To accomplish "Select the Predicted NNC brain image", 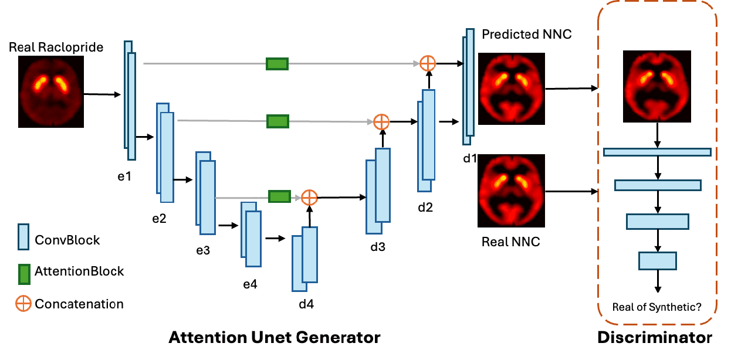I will [x=512, y=89].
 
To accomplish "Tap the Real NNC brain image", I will [x=512, y=191].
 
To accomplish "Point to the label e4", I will [x=251, y=284].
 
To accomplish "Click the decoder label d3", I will [x=378, y=246].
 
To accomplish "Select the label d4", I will [x=306, y=304].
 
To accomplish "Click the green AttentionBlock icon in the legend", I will [x=24, y=272].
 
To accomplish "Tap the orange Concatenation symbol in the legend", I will [x=24, y=304].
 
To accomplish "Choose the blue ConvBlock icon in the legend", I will [x=24, y=239].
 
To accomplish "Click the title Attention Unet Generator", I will [x=275, y=338].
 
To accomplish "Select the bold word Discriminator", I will [x=655, y=338].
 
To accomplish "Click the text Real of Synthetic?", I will [x=657, y=307].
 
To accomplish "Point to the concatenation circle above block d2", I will [x=428, y=63].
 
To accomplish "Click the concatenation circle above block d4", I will [x=309, y=197].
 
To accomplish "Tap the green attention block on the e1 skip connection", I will [x=277, y=63].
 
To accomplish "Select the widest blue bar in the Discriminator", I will [x=657, y=152].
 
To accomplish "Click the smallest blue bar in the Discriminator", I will [x=657, y=260].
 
